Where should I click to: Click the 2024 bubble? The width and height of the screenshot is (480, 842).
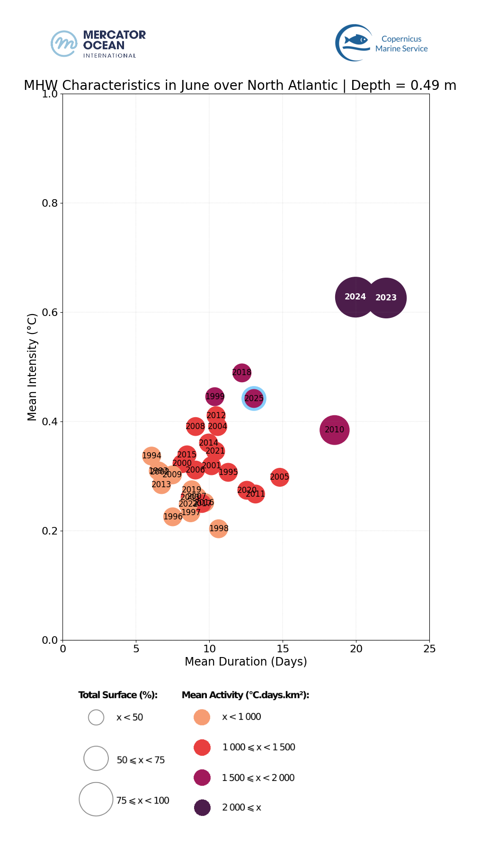click(355, 297)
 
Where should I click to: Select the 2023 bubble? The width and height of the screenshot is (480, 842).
click(386, 298)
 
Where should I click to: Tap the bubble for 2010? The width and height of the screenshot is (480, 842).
click(334, 430)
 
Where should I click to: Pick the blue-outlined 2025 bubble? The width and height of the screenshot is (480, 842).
click(254, 398)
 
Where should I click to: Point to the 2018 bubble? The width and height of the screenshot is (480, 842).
click(241, 373)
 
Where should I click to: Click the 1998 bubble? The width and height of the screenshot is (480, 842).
click(218, 528)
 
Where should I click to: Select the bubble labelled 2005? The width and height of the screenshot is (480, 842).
click(280, 477)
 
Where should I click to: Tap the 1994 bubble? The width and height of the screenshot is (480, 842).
click(151, 456)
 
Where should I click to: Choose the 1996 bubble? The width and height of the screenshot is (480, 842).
click(173, 517)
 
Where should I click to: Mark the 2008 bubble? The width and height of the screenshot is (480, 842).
click(195, 427)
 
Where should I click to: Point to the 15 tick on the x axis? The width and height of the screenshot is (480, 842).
click(283, 649)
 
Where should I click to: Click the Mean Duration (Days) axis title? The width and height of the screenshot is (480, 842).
click(246, 661)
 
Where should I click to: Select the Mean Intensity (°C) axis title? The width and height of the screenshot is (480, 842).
click(32, 367)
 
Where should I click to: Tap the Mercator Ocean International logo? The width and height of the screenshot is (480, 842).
click(98, 44)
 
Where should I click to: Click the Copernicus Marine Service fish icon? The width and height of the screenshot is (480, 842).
click(356, 40)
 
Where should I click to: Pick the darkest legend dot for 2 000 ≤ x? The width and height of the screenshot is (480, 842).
click(202, 807)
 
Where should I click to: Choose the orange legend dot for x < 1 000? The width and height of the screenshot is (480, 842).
click(202, 717)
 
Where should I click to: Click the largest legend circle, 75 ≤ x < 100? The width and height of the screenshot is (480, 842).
click(96, 799)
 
